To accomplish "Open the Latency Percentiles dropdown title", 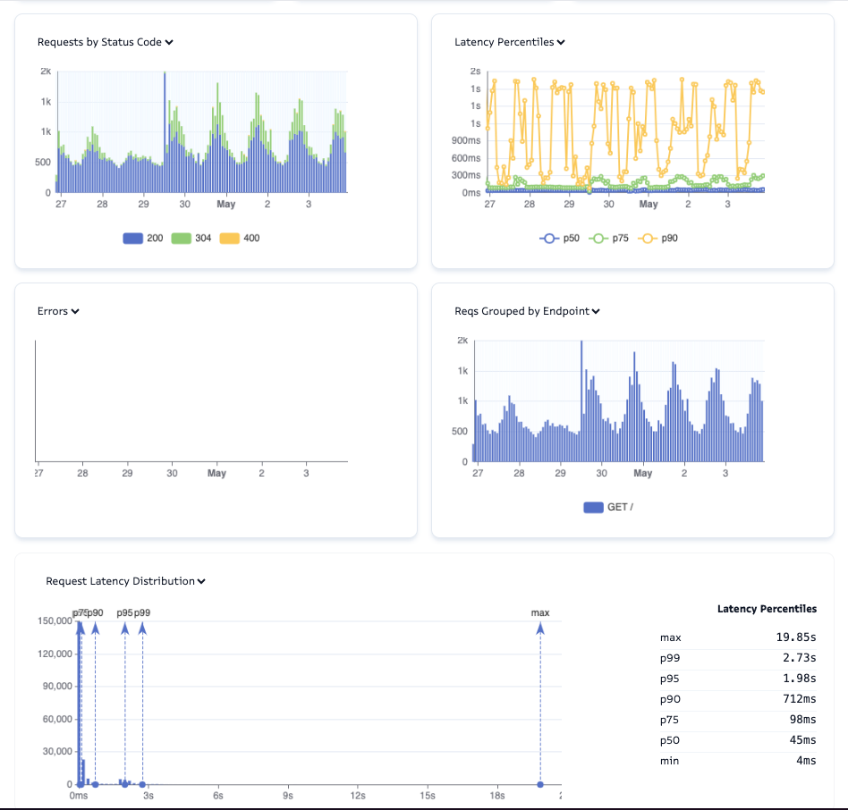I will point(509,42).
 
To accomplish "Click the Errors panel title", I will point(58,311).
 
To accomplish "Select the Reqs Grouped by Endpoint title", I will point(527,311).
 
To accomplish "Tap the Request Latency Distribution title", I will point(125,581).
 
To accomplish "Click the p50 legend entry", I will point(560,239).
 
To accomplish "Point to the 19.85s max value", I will point(796,637).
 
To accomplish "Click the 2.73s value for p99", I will point(799,658).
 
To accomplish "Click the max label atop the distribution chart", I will point(540,612).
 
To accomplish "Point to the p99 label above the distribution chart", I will point(142,612).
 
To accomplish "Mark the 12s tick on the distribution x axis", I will point(358,795).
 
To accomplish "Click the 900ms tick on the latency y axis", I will point(465,140).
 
